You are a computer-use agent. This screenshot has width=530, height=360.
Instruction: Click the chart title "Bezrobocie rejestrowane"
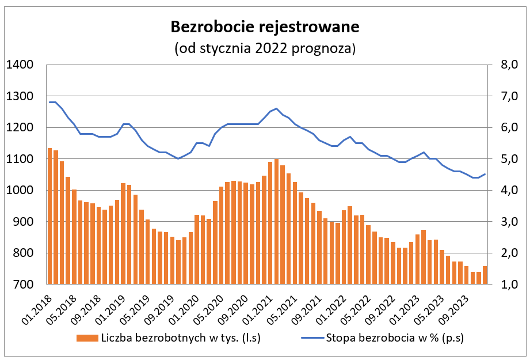point(265,26)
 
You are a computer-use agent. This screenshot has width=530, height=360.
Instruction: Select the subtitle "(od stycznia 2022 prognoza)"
point(265,48)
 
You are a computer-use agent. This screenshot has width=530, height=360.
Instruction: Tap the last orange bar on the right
point(485,275)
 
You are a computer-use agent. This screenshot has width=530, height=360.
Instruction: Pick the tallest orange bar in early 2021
point(277,222)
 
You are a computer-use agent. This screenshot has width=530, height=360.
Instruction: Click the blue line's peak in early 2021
point(277,108)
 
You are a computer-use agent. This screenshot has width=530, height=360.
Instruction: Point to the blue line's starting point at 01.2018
point(50,102)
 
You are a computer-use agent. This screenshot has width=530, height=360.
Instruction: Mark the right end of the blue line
point(485,174)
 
